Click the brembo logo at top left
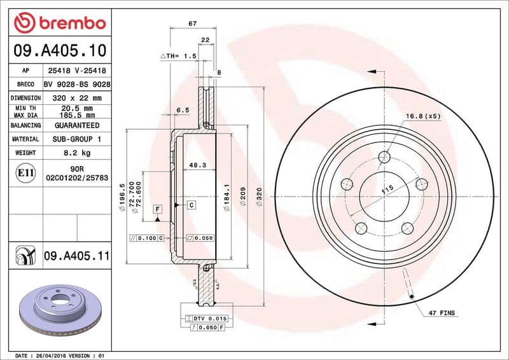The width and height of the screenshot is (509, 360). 59,24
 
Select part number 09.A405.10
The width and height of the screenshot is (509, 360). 59,49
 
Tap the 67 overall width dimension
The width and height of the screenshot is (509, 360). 192,24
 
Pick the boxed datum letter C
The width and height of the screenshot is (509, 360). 190,204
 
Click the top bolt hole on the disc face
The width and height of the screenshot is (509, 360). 384,157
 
